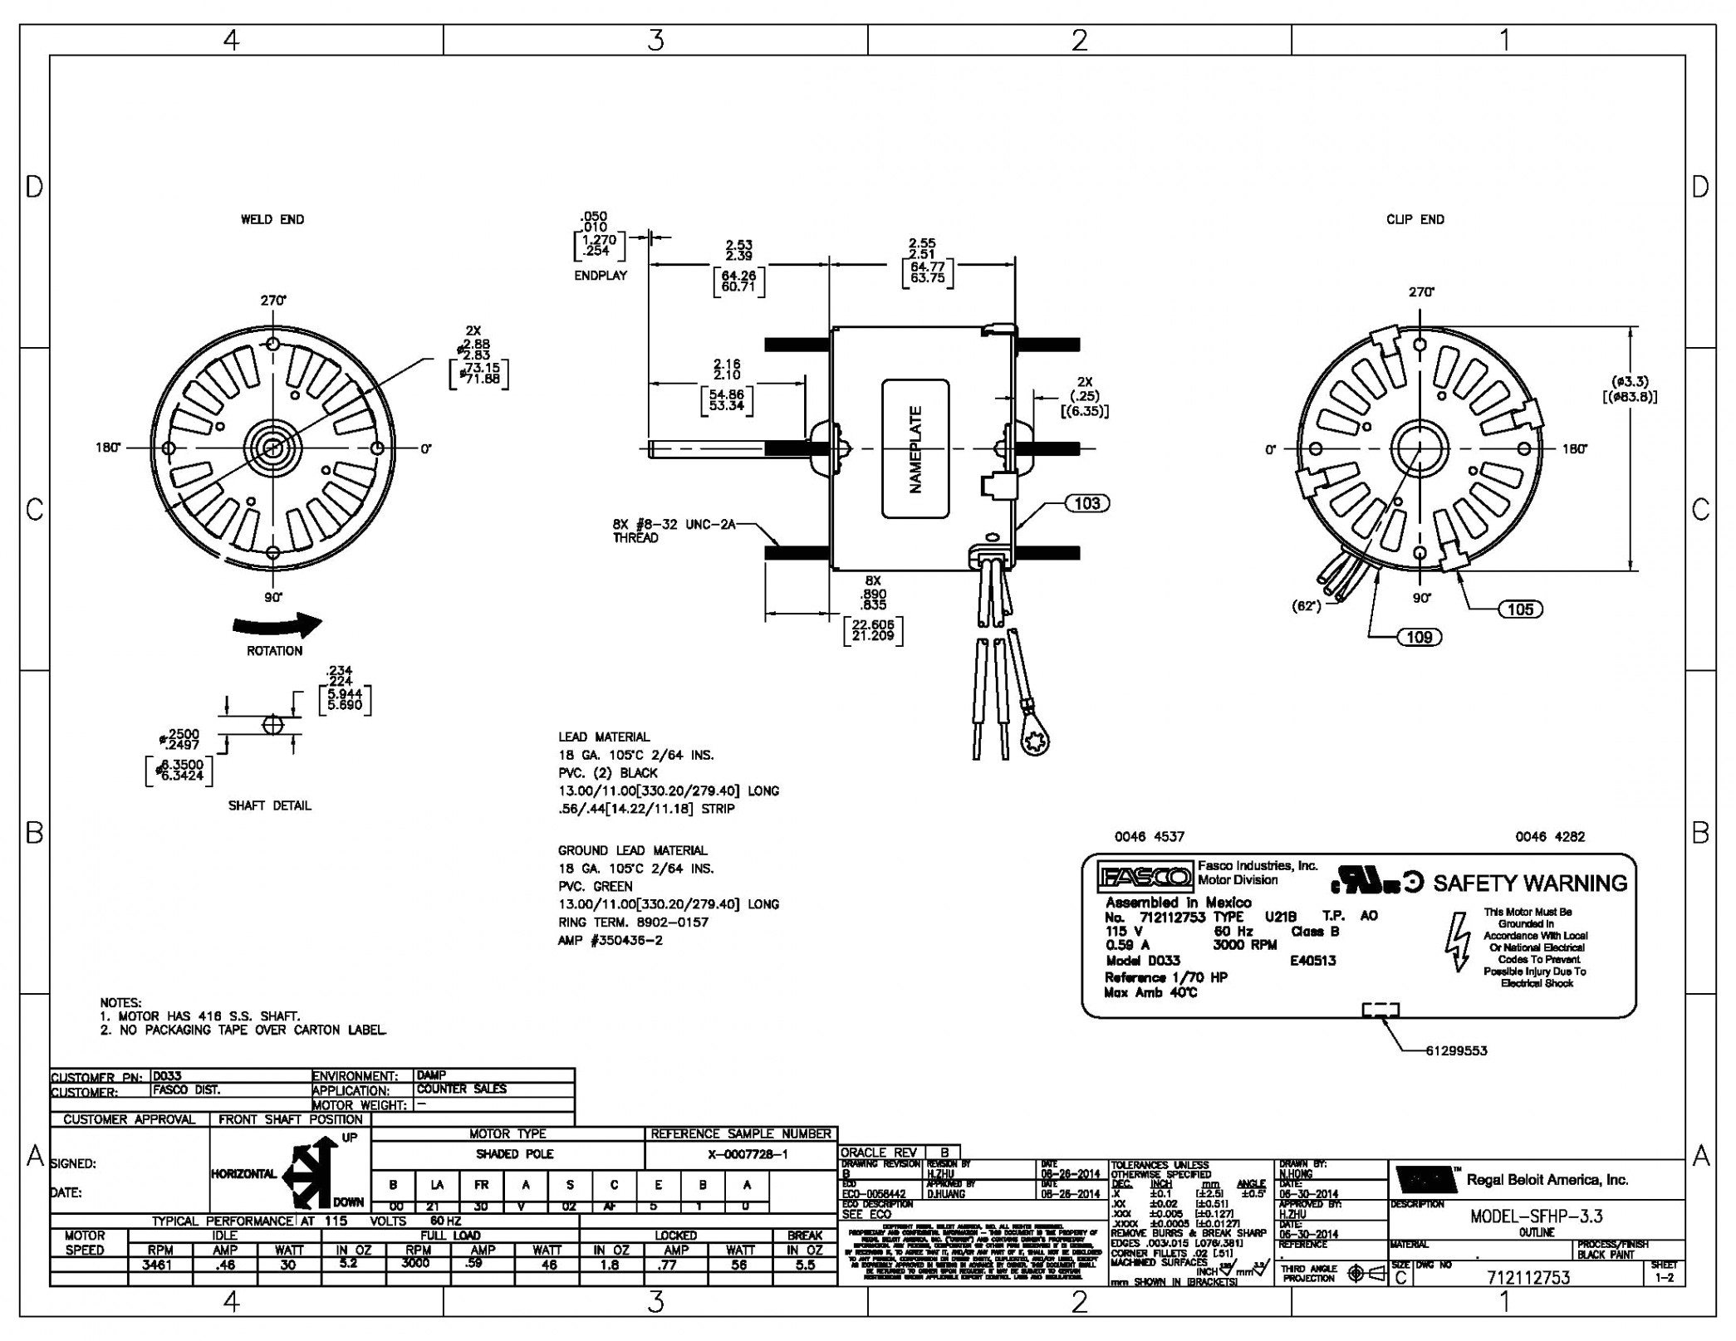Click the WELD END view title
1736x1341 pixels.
tap(272, 219)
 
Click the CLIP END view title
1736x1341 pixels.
tap(1415, 219)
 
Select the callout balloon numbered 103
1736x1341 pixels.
tap(1086, 503)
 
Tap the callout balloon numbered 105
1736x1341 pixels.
tap(1519, 609)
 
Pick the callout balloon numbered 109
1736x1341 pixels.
tap(1419, 637)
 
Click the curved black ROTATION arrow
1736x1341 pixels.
tap(276, 624)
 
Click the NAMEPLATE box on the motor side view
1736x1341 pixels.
tap(915, 448)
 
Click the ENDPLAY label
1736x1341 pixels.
tap(601, 275)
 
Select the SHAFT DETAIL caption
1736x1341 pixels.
tap(269, 805)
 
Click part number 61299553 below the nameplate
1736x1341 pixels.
tap(1456, 1050)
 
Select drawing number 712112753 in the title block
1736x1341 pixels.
tap(1528, 1278)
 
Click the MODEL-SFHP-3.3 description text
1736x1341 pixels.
tap(1536, 1216)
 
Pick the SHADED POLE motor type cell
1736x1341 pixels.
tap(514, 1154)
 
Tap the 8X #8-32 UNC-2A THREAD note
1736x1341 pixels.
tap(674, 531)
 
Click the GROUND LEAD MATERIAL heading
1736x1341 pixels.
tap(632, 850)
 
